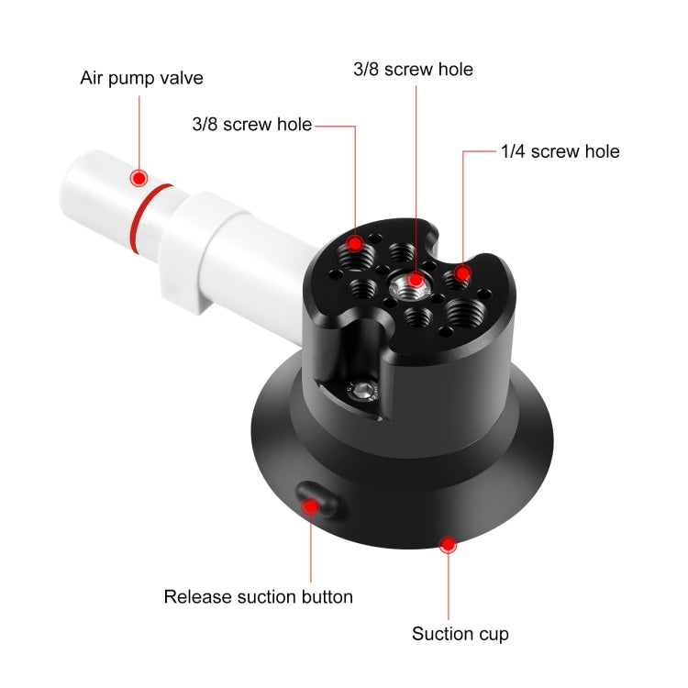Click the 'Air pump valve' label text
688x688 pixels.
(141, 78)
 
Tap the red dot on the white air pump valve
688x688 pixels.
(139, 177)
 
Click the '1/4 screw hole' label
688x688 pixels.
(560, 151)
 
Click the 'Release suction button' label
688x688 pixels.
(258, 596)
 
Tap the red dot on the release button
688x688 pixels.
(312, 504)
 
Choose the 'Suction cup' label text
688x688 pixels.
(460, 633)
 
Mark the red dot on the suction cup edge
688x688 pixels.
(448, 545)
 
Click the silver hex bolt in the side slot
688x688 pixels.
(365, 392)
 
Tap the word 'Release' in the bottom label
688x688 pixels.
(194, 596)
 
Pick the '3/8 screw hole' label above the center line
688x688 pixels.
(414, 70)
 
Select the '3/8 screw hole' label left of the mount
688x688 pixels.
(251, 125)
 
